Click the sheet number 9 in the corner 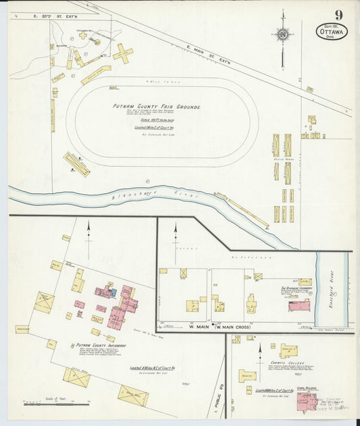tap(337, 15)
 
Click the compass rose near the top tap(284, 34)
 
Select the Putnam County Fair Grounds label tap(156, 107)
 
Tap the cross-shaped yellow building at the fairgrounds tap(122, 53)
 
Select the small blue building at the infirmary tap(113, 292)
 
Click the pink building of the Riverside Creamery tap(299, 306)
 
